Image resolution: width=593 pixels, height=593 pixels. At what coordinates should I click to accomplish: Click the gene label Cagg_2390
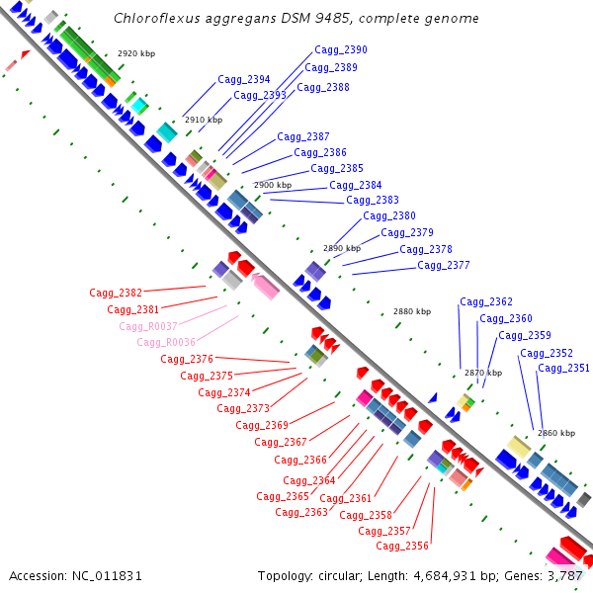click(341, 49)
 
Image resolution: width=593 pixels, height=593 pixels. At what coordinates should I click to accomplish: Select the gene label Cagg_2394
click(244, 79)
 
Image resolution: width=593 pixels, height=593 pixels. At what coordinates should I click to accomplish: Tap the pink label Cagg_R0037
click(148, 326)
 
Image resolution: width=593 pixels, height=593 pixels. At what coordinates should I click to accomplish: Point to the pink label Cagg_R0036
click(166, 342)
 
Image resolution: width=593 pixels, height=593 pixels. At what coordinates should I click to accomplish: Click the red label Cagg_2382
click(116, 293)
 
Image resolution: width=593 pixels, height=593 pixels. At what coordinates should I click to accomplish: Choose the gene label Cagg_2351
click(563, 369)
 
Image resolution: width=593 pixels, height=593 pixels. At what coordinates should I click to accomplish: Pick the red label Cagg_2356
click(402, 546)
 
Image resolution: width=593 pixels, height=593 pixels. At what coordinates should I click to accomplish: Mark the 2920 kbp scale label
click(136, 53)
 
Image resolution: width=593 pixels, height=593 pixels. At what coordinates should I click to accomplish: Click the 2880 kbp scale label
click(412, 311)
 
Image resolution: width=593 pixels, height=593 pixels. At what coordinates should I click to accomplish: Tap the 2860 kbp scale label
click(556, 433)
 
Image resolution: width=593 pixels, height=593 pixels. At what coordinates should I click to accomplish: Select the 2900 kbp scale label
click(273, 185)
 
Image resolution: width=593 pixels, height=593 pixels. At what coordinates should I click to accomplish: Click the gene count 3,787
click(564, 575)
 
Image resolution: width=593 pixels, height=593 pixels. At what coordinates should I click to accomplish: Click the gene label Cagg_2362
click(486, 301)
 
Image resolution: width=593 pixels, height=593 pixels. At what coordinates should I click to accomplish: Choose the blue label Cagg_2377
click(444, 265)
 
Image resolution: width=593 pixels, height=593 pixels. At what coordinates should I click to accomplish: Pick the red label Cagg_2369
click(262, 425)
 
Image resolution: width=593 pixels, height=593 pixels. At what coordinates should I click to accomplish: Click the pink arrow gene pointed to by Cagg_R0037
click(265, 286)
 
